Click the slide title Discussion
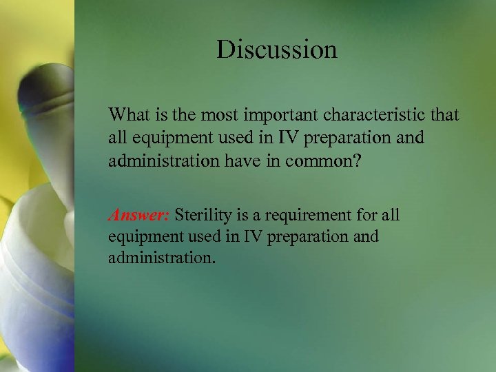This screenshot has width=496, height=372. (276, 50)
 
